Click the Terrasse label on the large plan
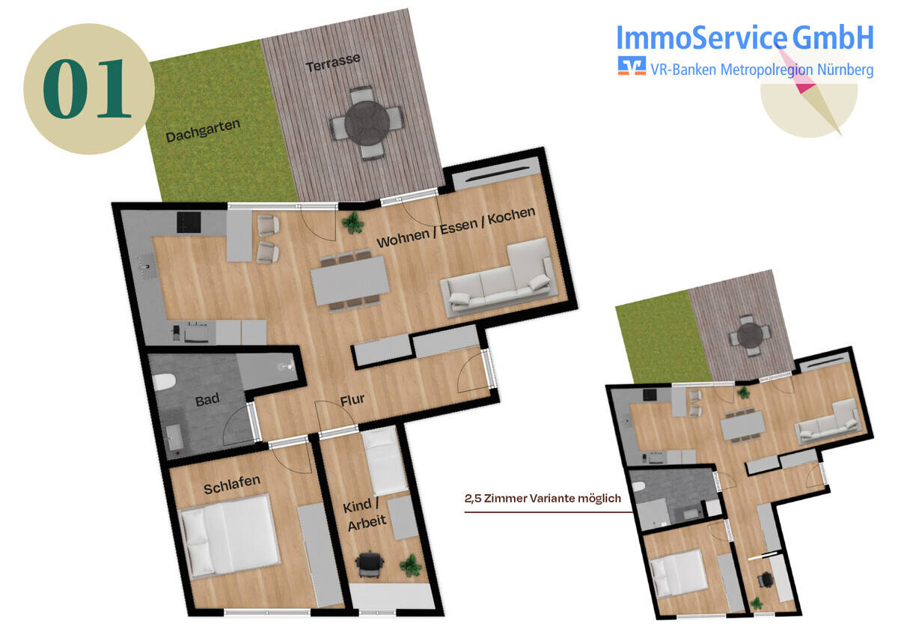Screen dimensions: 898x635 (x=333, y=62)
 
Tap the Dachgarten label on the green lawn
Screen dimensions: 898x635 (x=203, y=130)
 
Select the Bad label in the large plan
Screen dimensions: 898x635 (x=207, y=400)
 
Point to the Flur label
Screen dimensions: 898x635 (x=352, y=400)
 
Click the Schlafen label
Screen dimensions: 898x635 (x=232, y=484)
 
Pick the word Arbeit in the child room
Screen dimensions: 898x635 (x=367, y=523)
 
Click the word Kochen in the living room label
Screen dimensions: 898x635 (x=511, y=216)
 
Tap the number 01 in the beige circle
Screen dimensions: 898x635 (x=87, y=88)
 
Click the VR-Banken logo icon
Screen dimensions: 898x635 (x=632, y=65)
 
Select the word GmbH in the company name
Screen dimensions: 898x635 (x=833, y=37)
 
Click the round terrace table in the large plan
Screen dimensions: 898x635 (x=367, y=122)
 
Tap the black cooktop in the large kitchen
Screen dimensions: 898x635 (x=189, y=222)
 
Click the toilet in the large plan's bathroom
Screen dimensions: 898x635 (x=164, y=381)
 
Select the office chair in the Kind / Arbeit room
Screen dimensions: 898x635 (x=369, y=565)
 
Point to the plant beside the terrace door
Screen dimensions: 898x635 (x=352, y=222)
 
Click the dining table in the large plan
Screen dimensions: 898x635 (x=350, y=281)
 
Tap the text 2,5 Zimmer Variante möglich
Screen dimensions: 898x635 (x=543, y=499)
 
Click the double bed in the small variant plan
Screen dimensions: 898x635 (x=677, y=574)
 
